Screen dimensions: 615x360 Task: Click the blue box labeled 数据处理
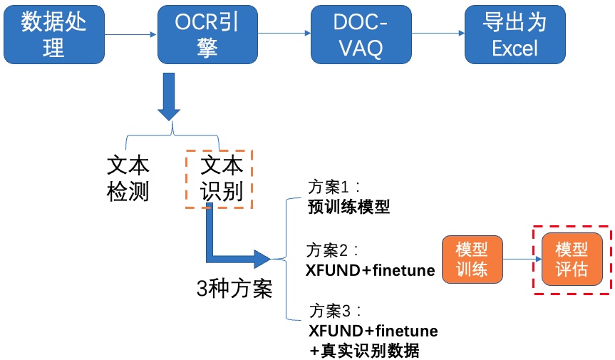(54, 34)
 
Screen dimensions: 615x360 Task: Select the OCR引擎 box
(207, 34)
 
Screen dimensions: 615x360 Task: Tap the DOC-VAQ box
(361, 34)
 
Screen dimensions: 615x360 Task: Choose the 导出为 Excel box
(515, 34)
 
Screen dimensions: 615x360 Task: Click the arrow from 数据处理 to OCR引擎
(131, 34)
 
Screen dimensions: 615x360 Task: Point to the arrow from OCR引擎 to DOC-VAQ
(284, 34)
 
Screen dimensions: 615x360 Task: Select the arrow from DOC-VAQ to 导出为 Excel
(438, 34)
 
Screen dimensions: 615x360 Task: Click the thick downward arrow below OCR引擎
(169, 96)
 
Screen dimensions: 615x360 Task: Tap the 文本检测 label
(128, 179)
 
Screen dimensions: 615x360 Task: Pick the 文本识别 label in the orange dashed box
(222, 179)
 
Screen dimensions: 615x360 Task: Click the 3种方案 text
(234, 289)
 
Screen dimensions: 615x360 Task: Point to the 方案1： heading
(334, 187)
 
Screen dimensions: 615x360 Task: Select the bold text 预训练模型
(348, 207)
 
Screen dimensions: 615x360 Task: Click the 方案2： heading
(332, 250)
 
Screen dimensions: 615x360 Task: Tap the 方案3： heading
(335, 311)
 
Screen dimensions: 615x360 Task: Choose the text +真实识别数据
(364, 350)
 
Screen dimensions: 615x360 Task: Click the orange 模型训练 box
(472, 259)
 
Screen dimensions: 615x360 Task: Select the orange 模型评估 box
(572, 259)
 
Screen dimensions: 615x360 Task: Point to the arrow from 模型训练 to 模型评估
(522, 259)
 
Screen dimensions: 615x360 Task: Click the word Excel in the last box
(515, 48)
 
